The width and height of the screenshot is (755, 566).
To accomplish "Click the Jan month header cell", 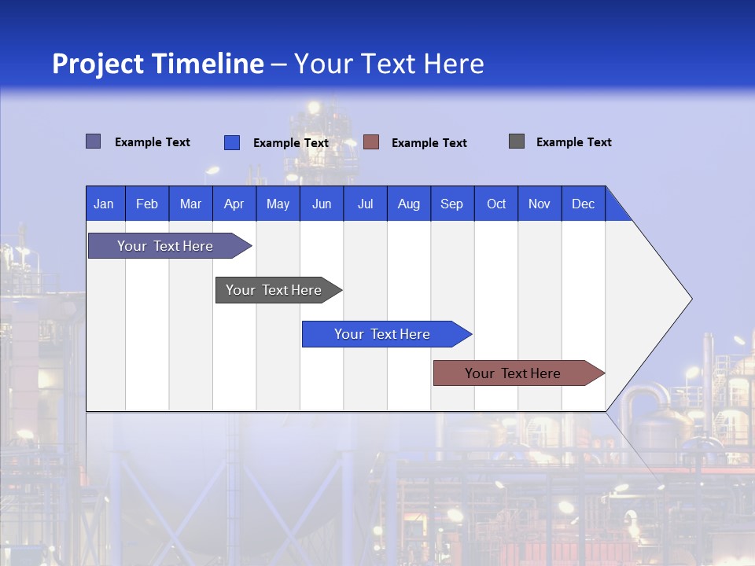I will (x=105, y=204).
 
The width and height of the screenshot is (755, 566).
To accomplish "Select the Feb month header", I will (x=147, y=204).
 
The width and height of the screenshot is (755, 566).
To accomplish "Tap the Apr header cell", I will (x=234, y=204).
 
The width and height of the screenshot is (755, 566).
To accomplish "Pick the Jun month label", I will (x=322, y=204).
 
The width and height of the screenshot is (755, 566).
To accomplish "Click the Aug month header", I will (x=408, y=204).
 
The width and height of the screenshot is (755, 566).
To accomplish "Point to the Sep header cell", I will (x=451, y=204).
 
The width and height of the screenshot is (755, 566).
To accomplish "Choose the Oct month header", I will (x=496, y=204).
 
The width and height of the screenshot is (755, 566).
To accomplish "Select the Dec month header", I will (x=583, y=204).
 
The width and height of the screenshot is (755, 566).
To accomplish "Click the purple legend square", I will (x=94, y=141).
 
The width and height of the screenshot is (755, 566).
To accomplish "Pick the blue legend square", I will (x=232, y=142).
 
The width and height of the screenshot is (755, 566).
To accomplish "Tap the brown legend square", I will (x=371, y=142).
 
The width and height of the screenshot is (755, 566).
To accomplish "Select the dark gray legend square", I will (x=517, y=141).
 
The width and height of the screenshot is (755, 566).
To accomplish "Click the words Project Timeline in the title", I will (x=158, y=64).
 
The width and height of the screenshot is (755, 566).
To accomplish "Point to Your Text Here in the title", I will (x=389, y=64).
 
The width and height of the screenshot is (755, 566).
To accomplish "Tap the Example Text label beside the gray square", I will (x=573, y=142).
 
